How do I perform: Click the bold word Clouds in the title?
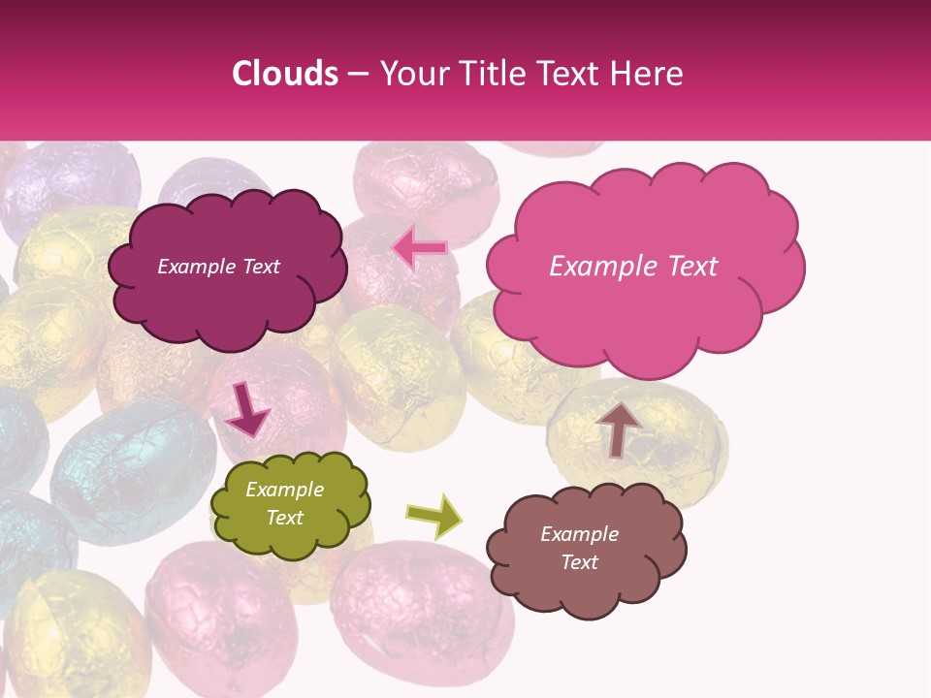point(284,74)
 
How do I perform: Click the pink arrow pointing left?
point(419,248)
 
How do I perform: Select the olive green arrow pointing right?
point(433,516)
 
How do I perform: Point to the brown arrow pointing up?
point(619,428)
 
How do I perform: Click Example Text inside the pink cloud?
point(633,267)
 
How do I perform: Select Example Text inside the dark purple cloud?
point(218,267)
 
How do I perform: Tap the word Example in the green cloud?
point(284,490)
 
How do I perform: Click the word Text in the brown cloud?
point(579,562)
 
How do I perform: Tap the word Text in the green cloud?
point(284,518)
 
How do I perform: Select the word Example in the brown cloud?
point(579,534)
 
